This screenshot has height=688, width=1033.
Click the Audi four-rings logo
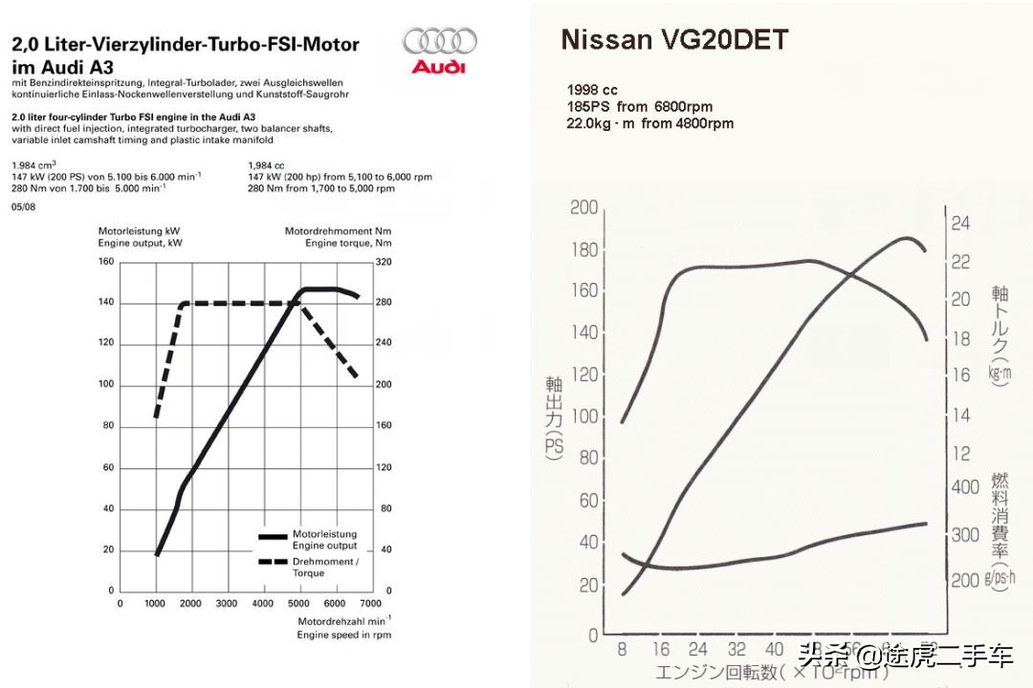[439, 41]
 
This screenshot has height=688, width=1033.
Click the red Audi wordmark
[439, 67]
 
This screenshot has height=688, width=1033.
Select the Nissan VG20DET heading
[674, 40]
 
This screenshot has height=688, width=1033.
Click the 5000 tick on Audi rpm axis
[298, 604]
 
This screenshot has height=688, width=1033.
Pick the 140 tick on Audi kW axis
[106, 303]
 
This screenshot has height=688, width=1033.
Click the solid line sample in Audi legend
[273, 537]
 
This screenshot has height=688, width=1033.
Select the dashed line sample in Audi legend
[273, 563]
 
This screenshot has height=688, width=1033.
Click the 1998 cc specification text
[592, 91]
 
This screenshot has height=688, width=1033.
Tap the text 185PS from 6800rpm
[640, 107]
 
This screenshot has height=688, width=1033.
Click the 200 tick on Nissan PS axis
[583, 208]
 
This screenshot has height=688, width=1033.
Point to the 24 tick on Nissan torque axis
[959, 224]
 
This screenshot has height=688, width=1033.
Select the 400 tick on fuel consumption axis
[965, 487]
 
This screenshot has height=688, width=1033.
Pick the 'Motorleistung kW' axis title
[140, 231]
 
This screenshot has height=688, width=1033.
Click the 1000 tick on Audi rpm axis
[156, 604]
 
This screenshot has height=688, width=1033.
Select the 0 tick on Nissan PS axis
[592, 634]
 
